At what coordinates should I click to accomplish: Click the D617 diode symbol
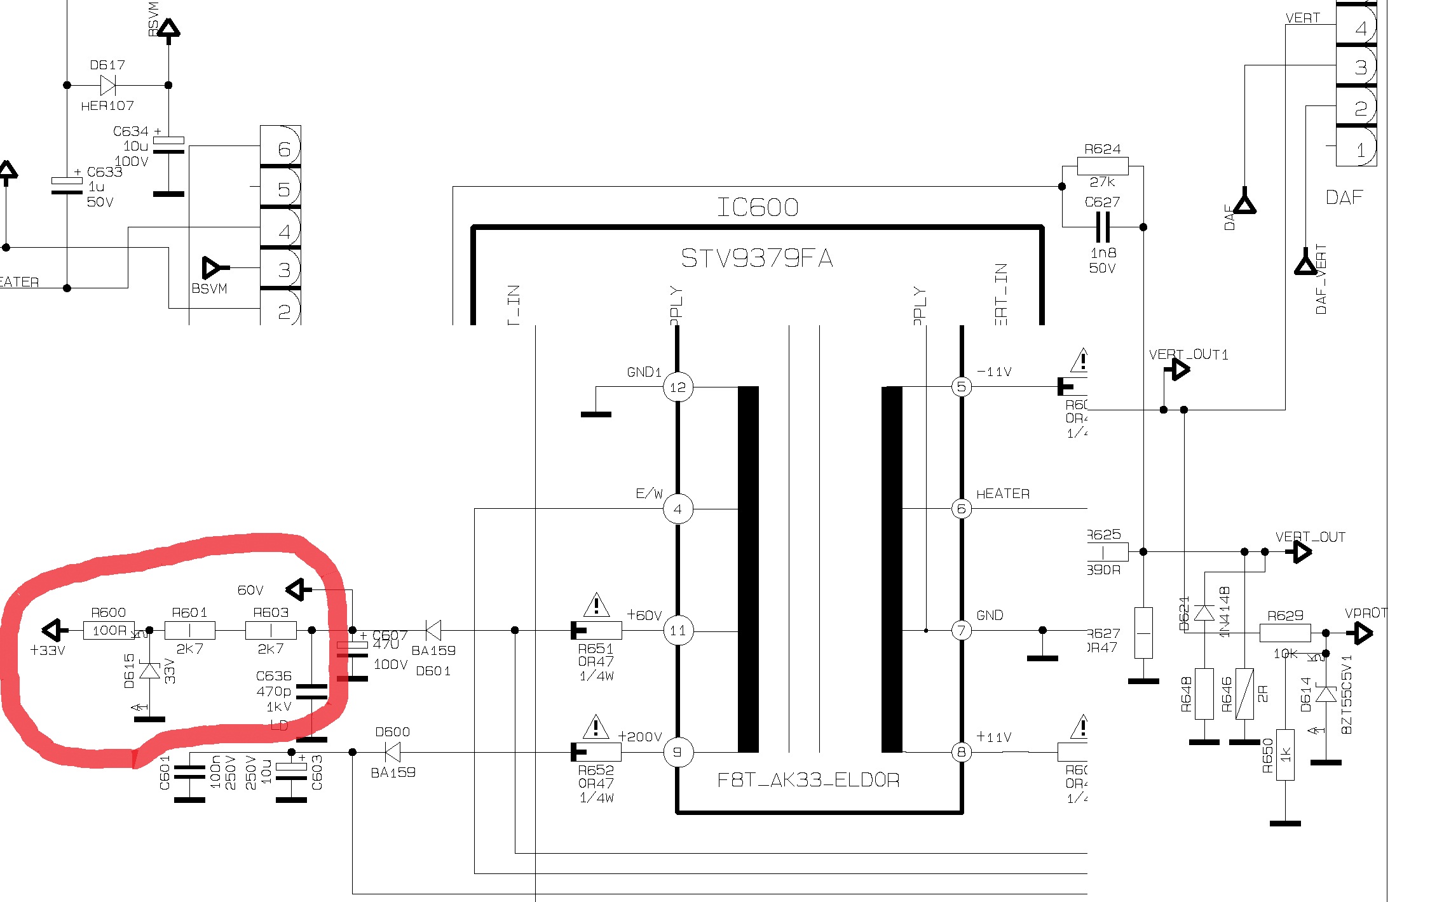click(108, 85)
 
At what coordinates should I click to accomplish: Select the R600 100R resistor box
click(109, 630)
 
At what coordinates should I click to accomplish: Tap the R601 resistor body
click(189, 630)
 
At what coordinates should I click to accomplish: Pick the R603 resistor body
click(271, 630)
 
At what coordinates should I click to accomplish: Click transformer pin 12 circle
click(678, 387)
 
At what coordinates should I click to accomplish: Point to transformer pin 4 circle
click(678, 509)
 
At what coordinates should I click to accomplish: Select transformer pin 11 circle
click(678, 630)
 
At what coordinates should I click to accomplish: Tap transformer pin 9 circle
click(678, 752)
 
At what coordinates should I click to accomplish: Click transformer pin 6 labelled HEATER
click(962, 509)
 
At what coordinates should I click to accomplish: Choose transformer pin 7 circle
click(962, 630)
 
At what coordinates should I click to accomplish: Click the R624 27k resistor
click(1103, 166)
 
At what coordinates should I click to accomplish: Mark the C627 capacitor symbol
click(1103, 227)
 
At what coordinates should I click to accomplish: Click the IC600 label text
click(757, 207)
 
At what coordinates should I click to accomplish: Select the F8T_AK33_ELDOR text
click(808, 779)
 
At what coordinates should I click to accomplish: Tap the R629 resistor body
click(1284, 633)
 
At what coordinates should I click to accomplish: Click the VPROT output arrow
click(1363, 633)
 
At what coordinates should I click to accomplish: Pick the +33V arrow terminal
click(55, 630)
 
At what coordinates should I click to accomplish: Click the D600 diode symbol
click(393, 752)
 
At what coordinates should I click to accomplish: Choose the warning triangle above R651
click(596, 605)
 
